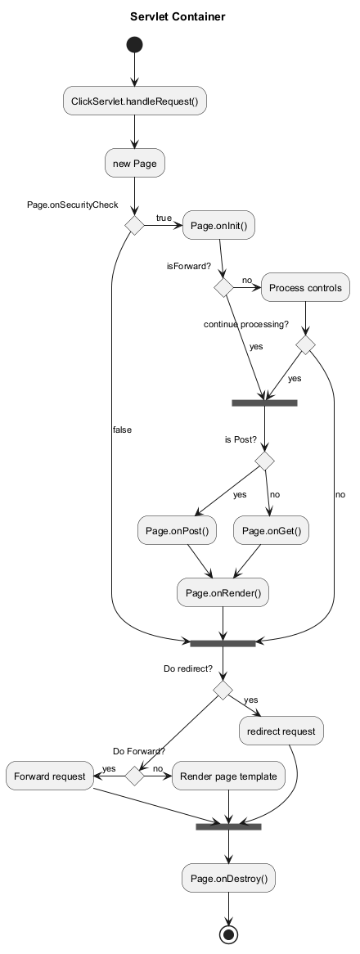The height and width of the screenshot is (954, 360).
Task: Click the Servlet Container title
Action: (x=178, y=17)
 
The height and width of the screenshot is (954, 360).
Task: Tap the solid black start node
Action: (x=134, y=45)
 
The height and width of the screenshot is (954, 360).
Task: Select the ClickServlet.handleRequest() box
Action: (x=135, y=101)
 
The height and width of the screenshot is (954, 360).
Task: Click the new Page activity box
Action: (x=135, y=163)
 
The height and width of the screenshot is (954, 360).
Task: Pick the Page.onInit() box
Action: (x=219, y=226)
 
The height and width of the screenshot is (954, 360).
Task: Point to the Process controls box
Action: (x=305, y=287)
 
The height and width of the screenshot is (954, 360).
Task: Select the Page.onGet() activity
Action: (x=271, y=531)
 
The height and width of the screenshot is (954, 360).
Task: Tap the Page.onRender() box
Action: (x=223, y=592)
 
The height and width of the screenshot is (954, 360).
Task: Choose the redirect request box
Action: (x=281, y=731)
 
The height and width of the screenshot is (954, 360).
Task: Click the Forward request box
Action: (x=49, y=776)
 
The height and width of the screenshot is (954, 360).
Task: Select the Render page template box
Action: (x=228, y=776)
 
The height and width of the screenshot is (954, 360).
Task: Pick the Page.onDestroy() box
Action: (x=228, y=878)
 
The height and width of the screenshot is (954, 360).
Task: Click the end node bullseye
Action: (x=228, y=935)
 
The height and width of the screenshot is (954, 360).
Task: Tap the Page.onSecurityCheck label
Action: (x=72, y=205)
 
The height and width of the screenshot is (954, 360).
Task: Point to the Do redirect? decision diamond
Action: (x=223, y=690)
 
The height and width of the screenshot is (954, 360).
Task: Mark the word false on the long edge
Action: (x=122, y=430)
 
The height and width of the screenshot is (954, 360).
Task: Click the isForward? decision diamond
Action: (x=223, y=287)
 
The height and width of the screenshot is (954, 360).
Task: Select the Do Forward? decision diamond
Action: (x=134, y=776)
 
